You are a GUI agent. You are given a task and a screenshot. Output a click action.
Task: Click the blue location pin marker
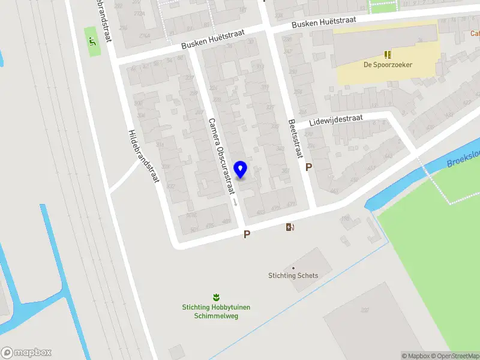pos(241,169)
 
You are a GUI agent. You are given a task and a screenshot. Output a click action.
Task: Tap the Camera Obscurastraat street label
pos(220,155)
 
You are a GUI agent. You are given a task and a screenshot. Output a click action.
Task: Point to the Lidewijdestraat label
pos(336,120)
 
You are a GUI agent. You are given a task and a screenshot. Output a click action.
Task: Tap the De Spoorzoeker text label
pos(388,65)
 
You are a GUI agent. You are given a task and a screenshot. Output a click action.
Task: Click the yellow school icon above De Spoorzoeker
pos(388,55)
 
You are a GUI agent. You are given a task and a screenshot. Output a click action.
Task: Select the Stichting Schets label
pos(293,276)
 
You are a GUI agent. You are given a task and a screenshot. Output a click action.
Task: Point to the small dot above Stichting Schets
pos(293,268)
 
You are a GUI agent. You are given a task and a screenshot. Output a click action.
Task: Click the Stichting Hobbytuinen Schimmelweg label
pos(216,311)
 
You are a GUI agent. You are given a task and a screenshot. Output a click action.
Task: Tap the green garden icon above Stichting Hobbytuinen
pos(215,297)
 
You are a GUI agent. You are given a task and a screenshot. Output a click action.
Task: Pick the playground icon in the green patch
pos(92,41)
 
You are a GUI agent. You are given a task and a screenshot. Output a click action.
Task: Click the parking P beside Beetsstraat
pos(308,167)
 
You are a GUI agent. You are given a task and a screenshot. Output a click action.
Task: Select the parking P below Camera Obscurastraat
pos(246,235)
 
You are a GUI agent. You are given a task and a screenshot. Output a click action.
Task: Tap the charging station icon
pos(290,227)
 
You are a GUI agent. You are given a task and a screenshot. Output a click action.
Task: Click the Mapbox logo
pos(26,353)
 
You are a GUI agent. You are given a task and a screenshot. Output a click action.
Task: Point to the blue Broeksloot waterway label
pos(463,159)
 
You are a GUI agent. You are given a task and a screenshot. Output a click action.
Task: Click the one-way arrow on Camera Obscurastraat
pos(235,203)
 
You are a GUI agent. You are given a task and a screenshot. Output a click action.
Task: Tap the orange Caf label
pos(474,34)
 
